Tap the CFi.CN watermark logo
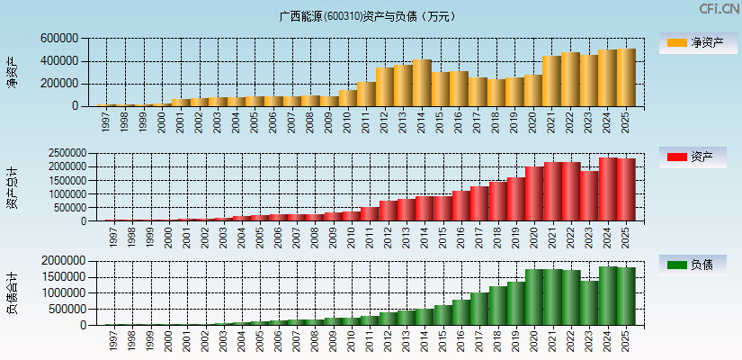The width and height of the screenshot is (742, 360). point(720,9)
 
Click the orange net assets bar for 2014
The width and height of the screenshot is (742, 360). point(422,83)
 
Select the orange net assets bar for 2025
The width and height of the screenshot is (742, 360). point(626,77)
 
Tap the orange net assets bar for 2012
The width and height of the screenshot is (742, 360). point(385,86)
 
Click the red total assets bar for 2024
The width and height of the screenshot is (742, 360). point(608,190)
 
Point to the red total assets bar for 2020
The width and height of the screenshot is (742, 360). point(534,193)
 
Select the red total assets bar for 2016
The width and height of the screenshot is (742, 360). point(460,206)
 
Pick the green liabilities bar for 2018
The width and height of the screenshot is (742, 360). point(497,306)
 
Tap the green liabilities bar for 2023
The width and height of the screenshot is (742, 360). point(589,303)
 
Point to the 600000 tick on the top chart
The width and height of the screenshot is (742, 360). point(59,40)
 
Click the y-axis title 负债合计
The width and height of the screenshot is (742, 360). point(12,292)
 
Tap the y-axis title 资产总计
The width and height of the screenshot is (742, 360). point(12,187)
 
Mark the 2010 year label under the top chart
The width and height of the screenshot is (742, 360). point(347,121)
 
